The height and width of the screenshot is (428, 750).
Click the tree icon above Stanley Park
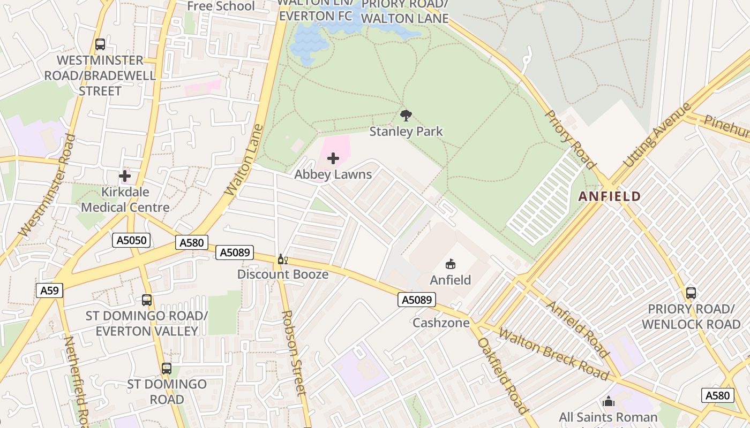[x=406, y=115]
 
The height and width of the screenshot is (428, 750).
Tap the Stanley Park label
[x=406, y=131]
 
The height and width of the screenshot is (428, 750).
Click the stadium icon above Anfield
[x=451, y=264]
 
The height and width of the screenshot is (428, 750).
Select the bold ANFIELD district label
[x=610, y=196]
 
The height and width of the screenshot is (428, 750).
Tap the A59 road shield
[x=50, y=291]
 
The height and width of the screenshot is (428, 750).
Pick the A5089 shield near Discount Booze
[x=234, y=253]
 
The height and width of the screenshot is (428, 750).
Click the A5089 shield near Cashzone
[x=416, y=300]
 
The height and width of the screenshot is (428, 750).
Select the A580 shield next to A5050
[x=191, y=243]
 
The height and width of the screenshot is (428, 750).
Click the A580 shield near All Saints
[x=717, y=395]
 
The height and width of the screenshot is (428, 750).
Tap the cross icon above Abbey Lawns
[x=333, y=158]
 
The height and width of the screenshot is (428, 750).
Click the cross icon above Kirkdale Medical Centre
[x=125, y=175]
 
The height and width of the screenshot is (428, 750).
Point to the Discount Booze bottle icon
[x=282, y=260]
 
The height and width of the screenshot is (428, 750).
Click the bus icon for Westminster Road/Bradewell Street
[x=100, y=44]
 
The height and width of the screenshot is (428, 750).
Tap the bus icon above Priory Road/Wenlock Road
[x=691, y=293]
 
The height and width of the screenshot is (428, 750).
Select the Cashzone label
[x=440, y=323]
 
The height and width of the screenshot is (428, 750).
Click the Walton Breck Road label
[x=553, y=354]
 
